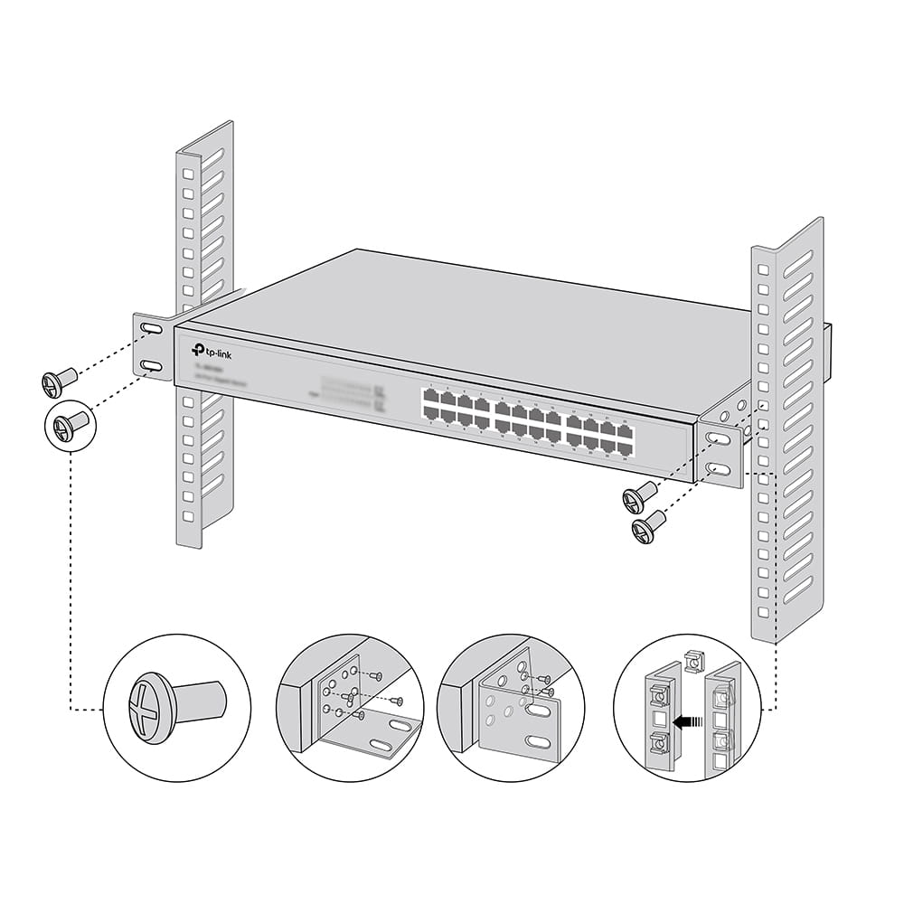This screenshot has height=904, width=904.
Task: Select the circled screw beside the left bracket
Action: tap(69, 424)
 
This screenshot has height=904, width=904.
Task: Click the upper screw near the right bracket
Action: tap(639, 496)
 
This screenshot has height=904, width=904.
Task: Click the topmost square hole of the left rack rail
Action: tap(187, 173)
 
